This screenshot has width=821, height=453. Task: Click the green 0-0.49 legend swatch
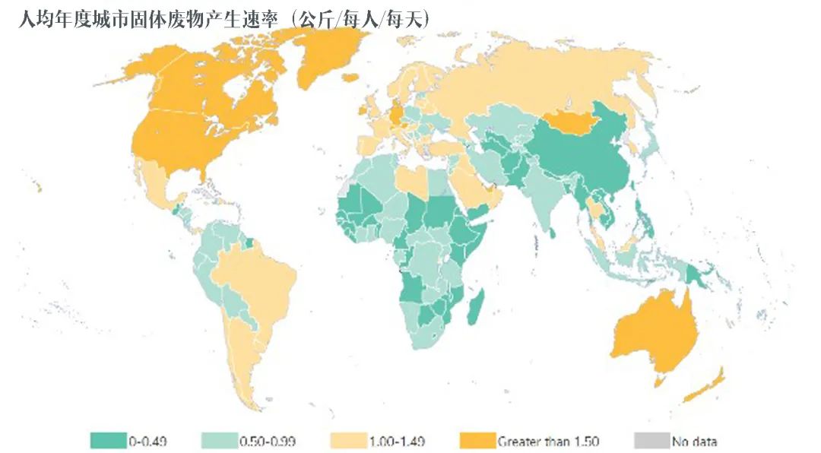[108, 440]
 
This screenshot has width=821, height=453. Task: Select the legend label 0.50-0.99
[267, 441]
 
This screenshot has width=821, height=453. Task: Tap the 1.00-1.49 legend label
[398, 441]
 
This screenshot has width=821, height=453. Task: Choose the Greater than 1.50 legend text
[548, 441]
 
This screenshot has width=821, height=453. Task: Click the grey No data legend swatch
[650, 440]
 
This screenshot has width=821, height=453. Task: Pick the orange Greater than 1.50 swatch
[477, 440]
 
